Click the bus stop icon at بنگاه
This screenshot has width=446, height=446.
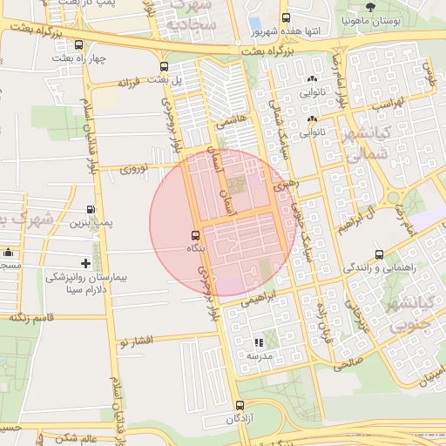[x=194, y=235]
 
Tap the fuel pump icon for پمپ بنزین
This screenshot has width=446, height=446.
[x=91, y=210]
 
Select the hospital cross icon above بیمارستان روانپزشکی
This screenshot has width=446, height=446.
[x=85, y=262]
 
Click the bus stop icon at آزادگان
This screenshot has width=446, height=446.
[x=240, y=405]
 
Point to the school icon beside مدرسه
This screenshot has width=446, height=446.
[x=258, y=343]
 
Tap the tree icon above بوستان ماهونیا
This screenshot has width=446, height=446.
[x=371, y=7]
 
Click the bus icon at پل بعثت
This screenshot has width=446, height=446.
[x=165, y=66]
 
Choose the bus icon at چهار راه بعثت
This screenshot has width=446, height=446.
[x=79, y=45]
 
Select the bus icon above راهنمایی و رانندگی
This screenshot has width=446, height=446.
[x=378, y=254]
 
